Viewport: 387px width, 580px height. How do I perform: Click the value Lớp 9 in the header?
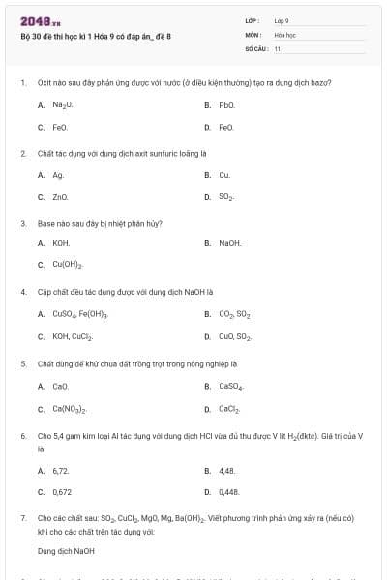[282, 19]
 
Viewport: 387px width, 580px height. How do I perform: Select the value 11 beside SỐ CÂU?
[278, 47]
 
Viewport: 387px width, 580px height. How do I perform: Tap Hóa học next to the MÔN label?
[284, 34]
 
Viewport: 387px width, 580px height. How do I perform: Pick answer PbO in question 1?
[227, 104]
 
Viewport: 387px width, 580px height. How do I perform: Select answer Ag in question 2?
[58, 175]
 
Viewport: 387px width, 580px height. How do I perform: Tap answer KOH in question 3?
[61, 243]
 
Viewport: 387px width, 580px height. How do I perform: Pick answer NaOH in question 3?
[230, 243]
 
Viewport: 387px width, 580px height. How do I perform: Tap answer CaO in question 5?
[61, 386]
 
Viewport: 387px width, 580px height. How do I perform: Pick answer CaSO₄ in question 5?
[231, 386]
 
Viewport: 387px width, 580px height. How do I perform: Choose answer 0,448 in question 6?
[228, 491]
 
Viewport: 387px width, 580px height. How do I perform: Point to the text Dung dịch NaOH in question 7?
[66, 551]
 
